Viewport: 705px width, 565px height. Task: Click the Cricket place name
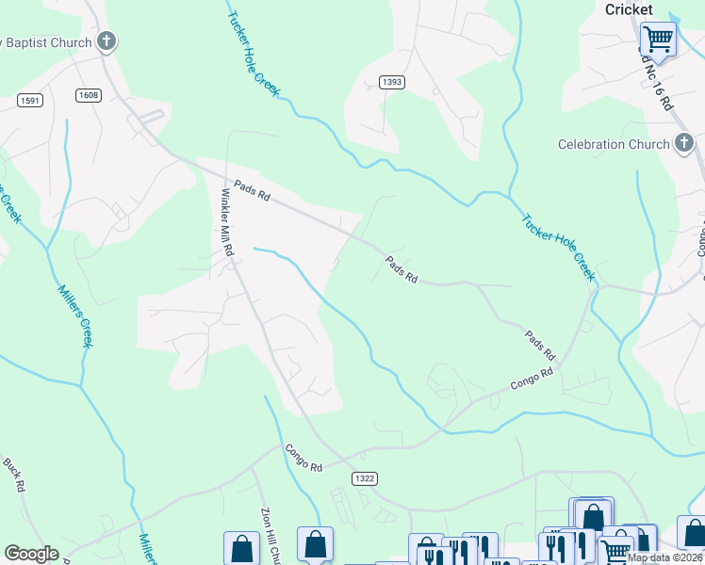pos(629,9)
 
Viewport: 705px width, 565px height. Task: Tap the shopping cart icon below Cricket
pos(658,40)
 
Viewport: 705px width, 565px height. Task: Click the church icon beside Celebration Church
pos(684,144)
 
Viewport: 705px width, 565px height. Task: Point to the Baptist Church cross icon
pos(107,41)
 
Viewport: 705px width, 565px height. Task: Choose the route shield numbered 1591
pos(29,100)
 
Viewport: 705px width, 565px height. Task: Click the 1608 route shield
pos(89,95)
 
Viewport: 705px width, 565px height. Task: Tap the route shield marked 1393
pos(392,82)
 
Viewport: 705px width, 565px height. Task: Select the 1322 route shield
pos(366,478)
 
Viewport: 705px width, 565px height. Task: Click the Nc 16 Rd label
pos(655,83)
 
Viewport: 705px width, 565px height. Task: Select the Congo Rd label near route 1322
pos(304,458)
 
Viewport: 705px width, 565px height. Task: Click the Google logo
pos(31,554)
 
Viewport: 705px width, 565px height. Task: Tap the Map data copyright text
pos(665,557)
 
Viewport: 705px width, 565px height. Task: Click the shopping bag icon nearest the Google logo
pos(241,547)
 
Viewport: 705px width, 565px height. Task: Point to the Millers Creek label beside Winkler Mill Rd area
pos(76,315)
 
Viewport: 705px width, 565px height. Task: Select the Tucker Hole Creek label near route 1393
pos(254,52)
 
